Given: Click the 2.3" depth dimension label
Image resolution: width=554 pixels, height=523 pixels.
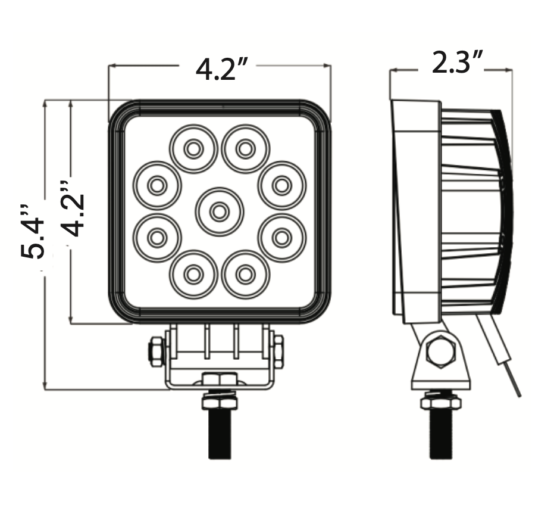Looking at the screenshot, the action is [x=457, y=63].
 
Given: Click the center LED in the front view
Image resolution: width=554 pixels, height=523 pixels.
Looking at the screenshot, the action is [x=220, y=212].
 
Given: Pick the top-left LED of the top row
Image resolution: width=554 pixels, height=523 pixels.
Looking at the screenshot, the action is [x=193, y=149].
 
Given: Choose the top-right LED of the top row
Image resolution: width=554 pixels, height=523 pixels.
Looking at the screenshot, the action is [x=246, y=149].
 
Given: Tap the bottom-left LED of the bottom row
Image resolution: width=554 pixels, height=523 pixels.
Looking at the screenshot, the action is [x=193, y=274].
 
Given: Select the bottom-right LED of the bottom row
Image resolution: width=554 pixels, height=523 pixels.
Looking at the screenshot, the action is [x=246, y=274].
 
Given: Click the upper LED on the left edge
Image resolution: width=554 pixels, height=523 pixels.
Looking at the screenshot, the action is [x=157, y=185].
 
